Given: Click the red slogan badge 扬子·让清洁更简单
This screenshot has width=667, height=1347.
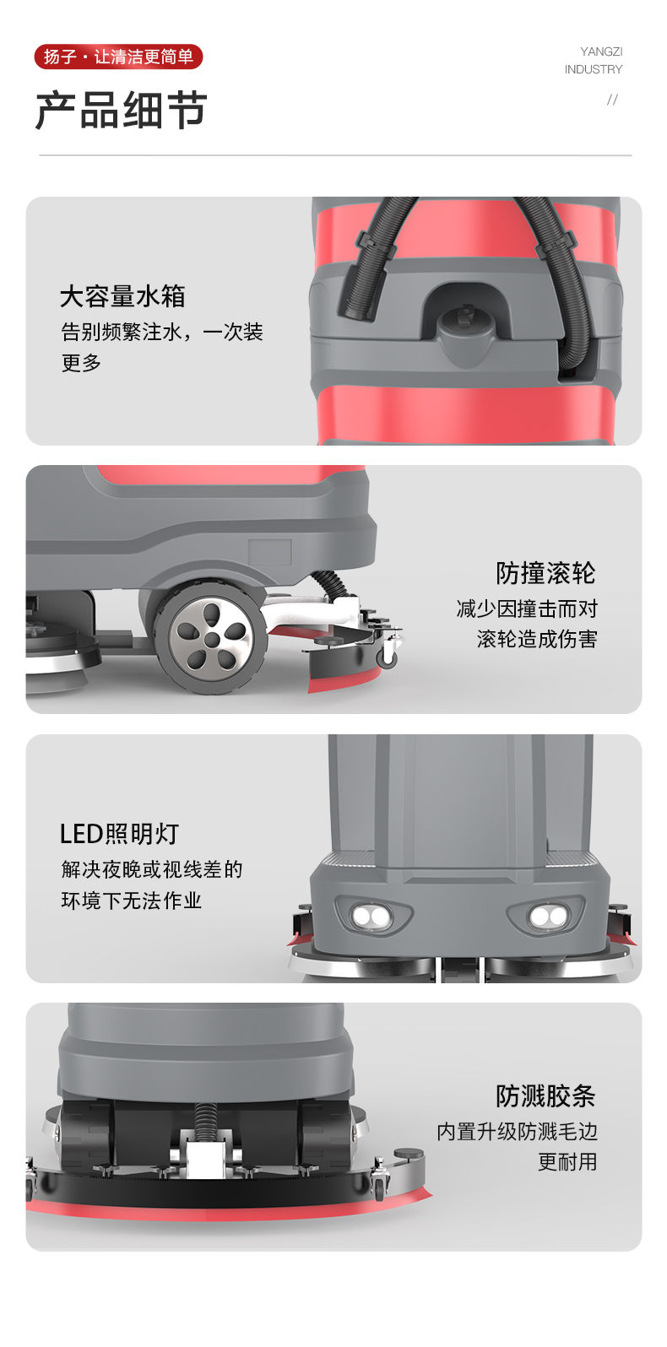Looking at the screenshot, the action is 118,57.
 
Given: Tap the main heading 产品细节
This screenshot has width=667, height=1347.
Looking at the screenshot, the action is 122,110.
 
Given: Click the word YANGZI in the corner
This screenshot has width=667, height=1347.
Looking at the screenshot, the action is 601,51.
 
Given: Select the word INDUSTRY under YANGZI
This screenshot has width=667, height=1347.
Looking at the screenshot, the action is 593,69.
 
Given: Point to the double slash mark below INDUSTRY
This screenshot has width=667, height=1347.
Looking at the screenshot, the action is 612,100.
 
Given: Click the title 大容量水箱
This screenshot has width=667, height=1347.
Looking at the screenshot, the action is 122,296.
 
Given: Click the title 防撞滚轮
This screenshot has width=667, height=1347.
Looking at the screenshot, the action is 545,573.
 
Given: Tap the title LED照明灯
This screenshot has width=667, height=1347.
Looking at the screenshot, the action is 119,834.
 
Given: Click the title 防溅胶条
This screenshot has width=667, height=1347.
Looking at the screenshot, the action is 545,1096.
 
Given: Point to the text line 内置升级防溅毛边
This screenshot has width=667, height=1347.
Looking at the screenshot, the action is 518,1132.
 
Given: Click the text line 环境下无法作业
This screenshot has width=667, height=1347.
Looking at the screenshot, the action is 131,901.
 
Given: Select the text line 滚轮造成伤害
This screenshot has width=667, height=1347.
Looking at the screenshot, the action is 537,639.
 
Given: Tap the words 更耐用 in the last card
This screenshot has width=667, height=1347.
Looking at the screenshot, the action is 567,1162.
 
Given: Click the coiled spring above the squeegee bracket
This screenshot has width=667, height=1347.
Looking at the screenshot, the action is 204,1122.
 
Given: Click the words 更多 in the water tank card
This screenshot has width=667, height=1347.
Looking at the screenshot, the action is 81,363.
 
